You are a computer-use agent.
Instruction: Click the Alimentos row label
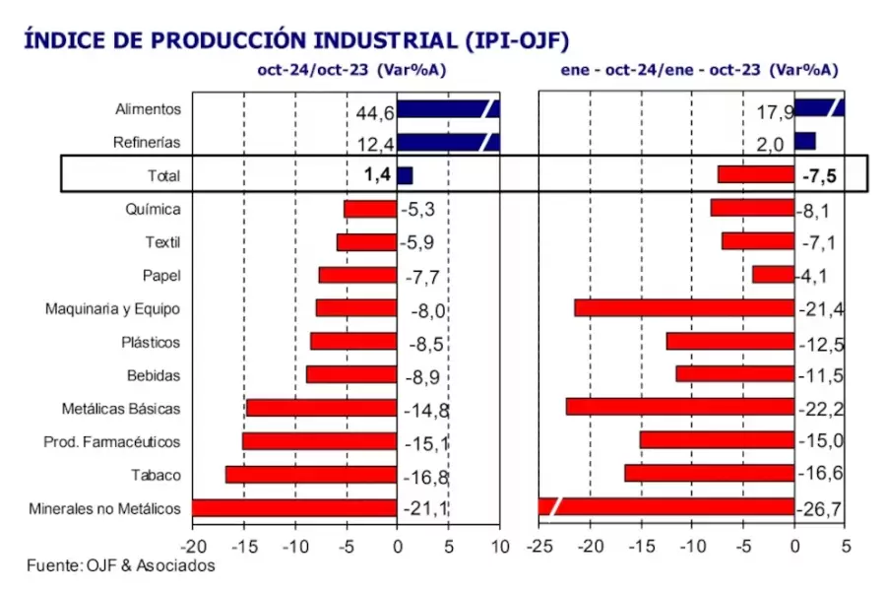148,109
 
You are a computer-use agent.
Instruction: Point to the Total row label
163,176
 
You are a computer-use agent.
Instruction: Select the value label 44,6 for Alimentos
375,113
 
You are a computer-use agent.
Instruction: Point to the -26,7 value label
819,509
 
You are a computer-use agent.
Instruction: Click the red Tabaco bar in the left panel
310,475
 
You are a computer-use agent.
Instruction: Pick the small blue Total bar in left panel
405,175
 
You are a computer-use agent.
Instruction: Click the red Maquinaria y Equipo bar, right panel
684,308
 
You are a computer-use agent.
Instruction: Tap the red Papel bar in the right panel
773,275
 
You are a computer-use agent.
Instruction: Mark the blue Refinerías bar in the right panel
804,142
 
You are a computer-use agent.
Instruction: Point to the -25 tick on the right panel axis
538,544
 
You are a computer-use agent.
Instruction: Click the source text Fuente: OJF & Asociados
120,566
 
